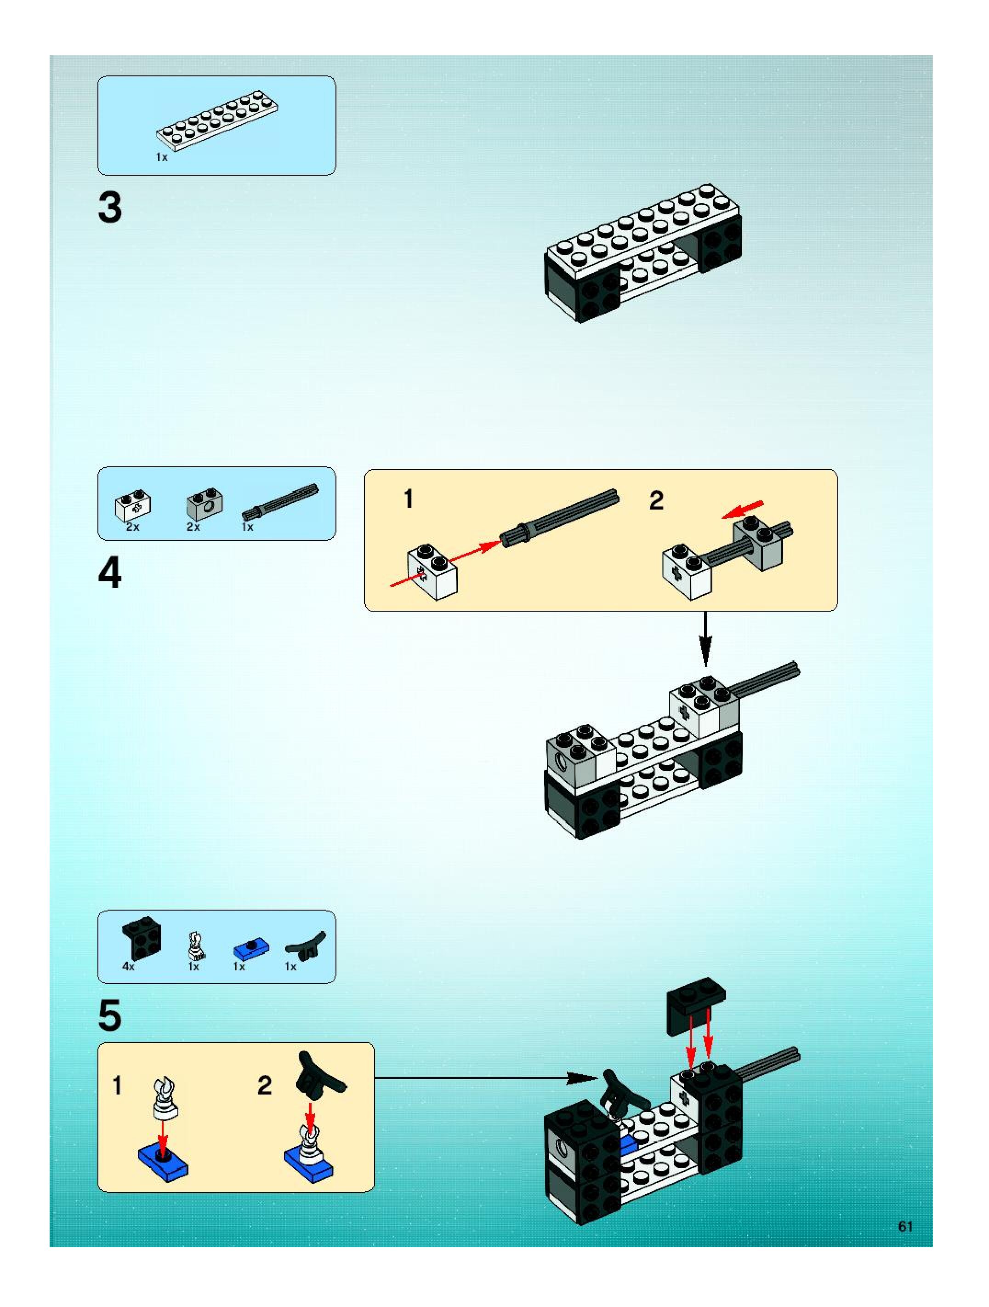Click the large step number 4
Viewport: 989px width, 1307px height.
pos(110,573)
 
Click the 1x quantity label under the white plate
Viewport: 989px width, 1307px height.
pos(162,157)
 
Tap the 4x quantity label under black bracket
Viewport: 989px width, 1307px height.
pos(128,966)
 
